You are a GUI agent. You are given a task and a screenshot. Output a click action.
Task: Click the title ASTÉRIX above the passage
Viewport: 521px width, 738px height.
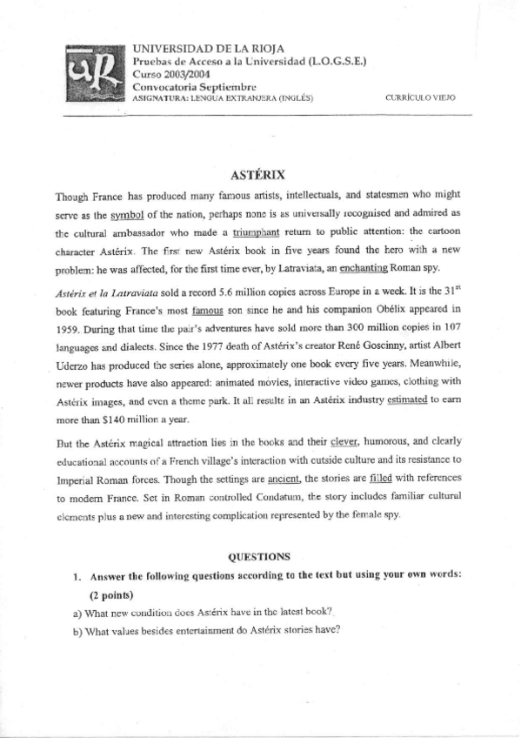point(260,174)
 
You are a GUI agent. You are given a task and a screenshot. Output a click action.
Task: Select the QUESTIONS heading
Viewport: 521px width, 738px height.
point(258,555)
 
